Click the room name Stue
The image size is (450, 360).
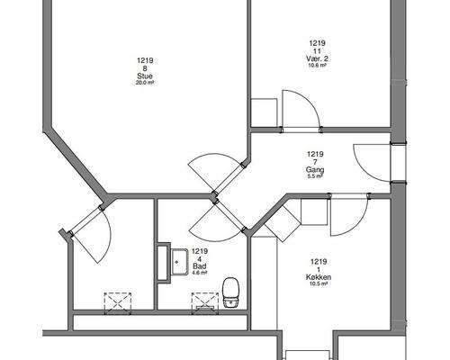tap(145, 76)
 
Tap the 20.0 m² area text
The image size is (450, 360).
tap(145, 83)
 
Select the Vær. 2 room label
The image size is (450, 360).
tap(317, 58)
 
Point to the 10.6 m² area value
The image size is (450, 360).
tap(318, 65)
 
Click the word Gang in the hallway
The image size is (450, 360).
tap(315, 170)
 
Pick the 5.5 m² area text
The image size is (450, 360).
tap(315, 176)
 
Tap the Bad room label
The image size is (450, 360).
tap(200, 266)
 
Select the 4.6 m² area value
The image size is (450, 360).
tap(200, 273)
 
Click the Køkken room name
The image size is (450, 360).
tap(319, 277)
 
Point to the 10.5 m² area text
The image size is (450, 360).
tap(319, 283)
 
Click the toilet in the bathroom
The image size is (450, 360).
tap(230, 292)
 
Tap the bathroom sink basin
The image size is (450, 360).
tap(179, 262)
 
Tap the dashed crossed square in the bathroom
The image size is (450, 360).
tap(205, 303)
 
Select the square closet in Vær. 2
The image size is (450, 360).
tap(264, 112)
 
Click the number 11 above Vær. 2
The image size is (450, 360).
tap(317, 51)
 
